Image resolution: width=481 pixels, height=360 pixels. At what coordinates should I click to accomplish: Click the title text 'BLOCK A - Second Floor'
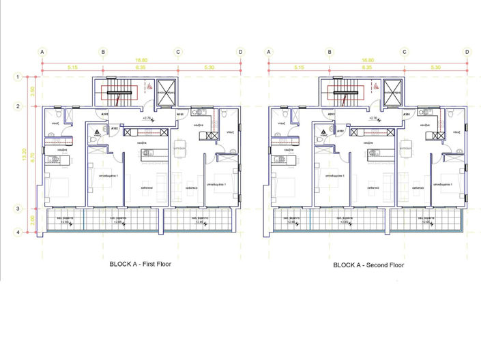tap(368, 264)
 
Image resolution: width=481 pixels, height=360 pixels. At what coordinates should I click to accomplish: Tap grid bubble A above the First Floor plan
tap(42, 52)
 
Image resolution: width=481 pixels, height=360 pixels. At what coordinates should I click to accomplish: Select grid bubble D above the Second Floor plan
tap(467, 52)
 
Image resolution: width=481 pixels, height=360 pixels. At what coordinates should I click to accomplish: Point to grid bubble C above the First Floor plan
tap(177, 52)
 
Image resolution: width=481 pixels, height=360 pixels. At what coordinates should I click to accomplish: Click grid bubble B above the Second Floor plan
tap(330, 52)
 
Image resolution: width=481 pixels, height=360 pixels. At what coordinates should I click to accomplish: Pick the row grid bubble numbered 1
tap(18, 78)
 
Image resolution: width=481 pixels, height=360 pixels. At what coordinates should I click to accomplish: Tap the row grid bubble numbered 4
tap(18, 233)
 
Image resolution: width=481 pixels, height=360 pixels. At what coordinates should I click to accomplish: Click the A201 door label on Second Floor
tap(406, 115)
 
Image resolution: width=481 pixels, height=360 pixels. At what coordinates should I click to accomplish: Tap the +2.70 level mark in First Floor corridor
tap(146, 119)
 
